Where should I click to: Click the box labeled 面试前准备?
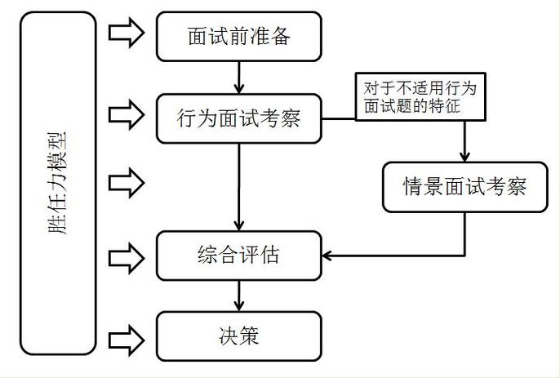(x=238, y=37)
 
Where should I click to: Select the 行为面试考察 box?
(x=238, y=119)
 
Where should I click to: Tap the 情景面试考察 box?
(x=464, y=186)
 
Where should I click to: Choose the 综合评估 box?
(x=238, y=255)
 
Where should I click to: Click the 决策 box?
(x=238, y=336)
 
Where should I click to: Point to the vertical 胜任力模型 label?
(x=60, y=185)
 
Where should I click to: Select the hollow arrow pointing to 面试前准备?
(x=126, y=33)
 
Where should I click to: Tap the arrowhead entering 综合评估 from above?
(x=238, y=226)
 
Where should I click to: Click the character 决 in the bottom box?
(x=227, y=336)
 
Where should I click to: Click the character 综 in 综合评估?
(x=207, y=255)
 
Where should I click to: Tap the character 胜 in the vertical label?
(x=60, y=226)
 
